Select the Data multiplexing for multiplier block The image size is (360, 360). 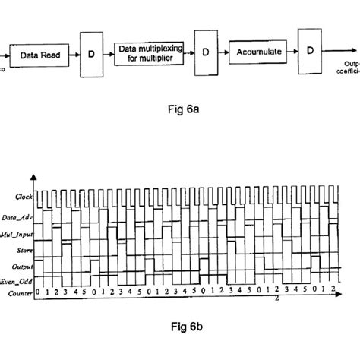click(x=150, y=52)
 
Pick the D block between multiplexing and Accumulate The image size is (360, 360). click(x=205, y=55)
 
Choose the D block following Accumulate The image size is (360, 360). click(x=309, y=52)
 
